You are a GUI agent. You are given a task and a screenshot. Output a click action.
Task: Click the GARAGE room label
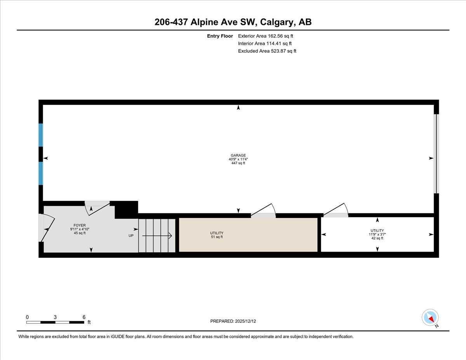[x=238, y=155]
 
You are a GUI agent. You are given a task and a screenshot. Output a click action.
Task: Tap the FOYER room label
[x=80, y=225]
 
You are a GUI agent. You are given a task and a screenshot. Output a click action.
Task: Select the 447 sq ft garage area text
[x=238, y=163]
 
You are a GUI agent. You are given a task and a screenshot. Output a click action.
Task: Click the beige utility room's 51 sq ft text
[x=216, y=237]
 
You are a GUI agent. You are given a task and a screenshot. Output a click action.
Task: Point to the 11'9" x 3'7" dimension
[x=377, y=234]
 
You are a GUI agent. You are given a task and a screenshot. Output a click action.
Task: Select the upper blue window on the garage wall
[x=40, y=135]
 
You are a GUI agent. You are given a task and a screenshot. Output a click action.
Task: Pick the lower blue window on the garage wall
[x=40, y=173]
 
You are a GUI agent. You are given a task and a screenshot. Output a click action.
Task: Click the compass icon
[x=430, y=317]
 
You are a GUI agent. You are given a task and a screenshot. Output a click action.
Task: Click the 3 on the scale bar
[x=55, y=317]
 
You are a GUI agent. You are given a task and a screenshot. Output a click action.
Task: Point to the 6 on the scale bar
[x=84, y=317]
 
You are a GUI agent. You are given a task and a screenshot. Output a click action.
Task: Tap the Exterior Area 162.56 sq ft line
[x=265, y=36]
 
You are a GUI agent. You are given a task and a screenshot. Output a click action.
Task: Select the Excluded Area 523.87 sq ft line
[x=267, y=51]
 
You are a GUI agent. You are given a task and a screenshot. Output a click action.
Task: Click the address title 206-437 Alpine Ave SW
[x=233, y=22]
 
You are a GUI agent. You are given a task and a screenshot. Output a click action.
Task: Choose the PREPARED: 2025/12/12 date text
[x=233, y=321]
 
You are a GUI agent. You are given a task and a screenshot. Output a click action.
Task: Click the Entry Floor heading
[x=220, y=36]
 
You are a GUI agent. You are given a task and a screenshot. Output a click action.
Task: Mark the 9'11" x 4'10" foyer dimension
[x=80, y=229]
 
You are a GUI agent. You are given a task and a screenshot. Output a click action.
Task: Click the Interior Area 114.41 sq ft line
[x=264, y=43]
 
